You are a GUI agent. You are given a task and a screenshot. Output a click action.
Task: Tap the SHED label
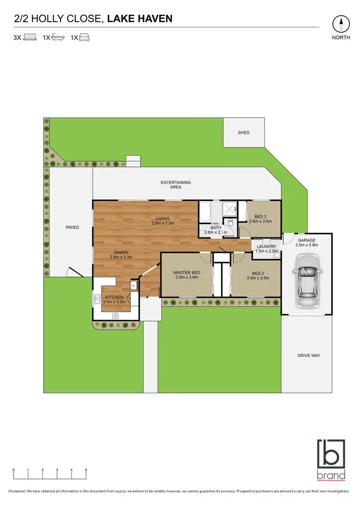pos(244,133)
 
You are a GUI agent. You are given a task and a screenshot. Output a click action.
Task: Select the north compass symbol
pos(341,24)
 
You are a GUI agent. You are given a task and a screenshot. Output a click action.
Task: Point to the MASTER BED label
pos(187,273)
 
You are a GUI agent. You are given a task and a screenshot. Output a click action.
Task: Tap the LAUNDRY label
pos(266,247)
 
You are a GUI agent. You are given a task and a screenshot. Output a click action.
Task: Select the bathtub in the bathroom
pos(204,213)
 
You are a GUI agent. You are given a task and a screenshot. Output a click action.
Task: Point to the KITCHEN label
pos(115,297)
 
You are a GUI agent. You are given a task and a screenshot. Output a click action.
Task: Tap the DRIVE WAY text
pos(308,355)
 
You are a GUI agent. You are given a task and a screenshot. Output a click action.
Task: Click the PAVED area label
pos(72,227)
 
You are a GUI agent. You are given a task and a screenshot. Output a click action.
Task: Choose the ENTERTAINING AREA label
pos(176,185)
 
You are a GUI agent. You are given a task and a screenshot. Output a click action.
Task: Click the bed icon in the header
pos(30,37)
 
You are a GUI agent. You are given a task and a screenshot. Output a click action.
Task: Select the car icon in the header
pos(84,37)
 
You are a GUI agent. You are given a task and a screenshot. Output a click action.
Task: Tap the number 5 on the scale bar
pos(86,470)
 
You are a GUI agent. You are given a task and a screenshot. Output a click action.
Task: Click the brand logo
pos(331,460)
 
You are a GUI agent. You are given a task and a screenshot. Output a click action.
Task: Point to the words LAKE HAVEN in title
pos(140,19)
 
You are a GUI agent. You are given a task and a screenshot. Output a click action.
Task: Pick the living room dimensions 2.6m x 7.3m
pos(163,224)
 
